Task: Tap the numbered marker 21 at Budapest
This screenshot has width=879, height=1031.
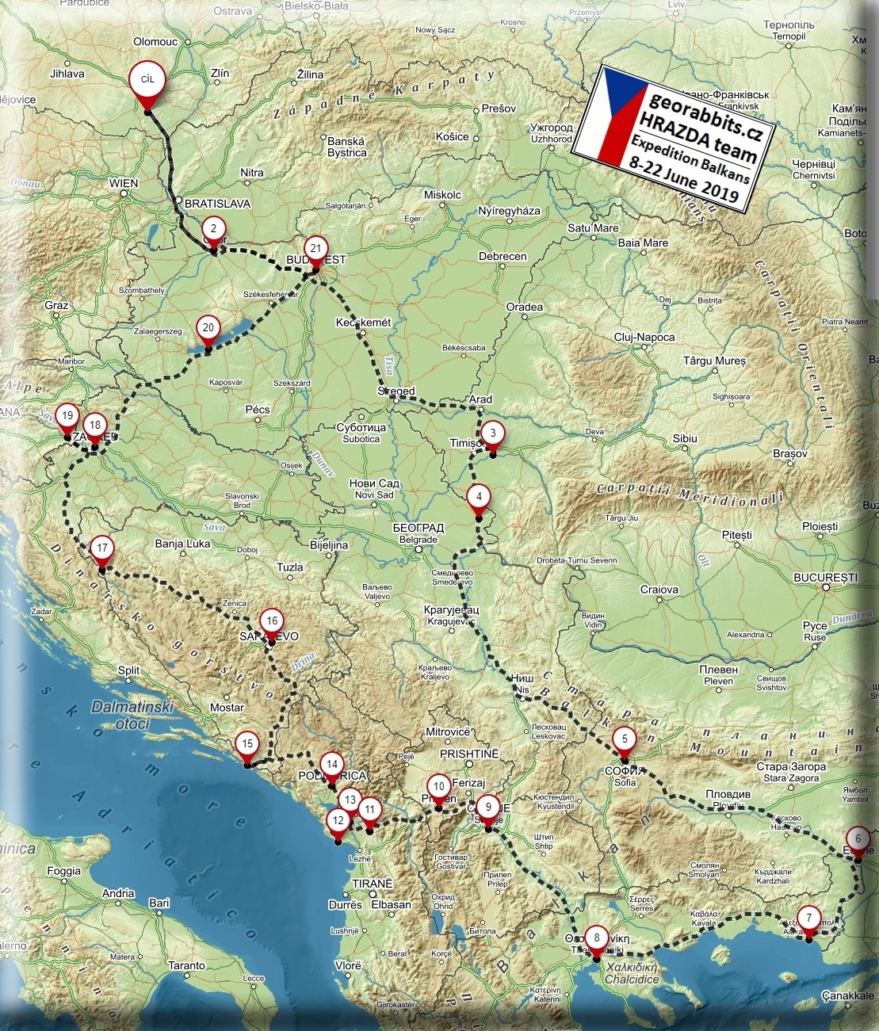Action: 315,249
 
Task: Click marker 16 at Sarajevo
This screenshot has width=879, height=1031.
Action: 272,622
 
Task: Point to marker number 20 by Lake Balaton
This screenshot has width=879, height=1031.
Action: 208,327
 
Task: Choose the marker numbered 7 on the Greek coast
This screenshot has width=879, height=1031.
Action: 808,918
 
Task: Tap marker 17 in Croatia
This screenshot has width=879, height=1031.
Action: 101,548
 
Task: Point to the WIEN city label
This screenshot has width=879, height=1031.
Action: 124,183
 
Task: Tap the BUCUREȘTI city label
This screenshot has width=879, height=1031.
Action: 825,578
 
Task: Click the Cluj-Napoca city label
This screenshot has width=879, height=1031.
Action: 644,338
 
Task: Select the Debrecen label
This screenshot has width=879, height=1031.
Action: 503,257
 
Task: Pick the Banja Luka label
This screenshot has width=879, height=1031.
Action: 182,544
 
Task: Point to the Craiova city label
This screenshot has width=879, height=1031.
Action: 659,590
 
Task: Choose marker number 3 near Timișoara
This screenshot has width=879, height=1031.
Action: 492,433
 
